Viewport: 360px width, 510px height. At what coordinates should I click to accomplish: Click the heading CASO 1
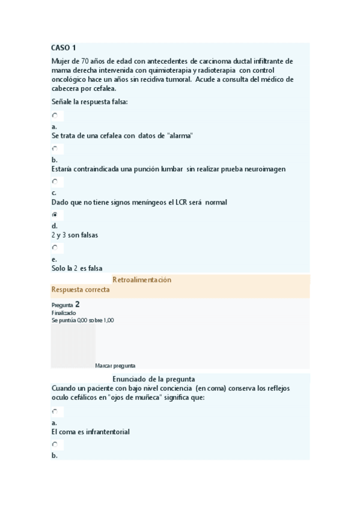tap(64, 48)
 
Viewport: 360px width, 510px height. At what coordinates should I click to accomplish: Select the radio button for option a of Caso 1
tap(55, 115)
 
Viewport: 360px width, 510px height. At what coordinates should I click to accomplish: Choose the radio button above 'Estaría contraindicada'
tap(55, 148)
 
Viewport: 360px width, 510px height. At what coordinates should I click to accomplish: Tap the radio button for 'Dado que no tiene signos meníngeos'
tap(55, 181)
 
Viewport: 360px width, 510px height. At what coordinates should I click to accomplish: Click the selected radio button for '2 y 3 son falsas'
tap(55, 214)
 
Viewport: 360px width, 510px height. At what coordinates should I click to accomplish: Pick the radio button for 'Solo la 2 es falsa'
tap(55, 247)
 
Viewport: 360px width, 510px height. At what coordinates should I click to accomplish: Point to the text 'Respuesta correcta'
tap(81, 290)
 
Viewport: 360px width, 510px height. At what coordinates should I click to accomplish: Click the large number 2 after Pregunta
tap(78, 304)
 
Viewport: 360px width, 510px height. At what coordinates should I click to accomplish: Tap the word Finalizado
tap(64, 313)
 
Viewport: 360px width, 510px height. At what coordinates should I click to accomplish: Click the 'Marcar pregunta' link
tap(115, 365)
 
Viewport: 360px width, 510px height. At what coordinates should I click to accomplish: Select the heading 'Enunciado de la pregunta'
tap(153, 379)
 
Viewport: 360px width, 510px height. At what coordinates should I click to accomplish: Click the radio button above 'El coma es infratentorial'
tap(55, 411)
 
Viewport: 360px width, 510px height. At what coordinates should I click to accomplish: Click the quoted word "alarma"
tap(178, 136)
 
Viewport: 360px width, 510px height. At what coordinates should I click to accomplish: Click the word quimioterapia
tap(156, 70)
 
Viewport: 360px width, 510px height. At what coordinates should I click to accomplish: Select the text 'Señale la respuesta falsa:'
tap(90, 101)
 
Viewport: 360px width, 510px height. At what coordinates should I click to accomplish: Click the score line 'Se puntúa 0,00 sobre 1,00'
tap(83, 320)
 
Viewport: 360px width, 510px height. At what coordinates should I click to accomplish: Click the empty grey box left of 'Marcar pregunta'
tap(73, 346)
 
